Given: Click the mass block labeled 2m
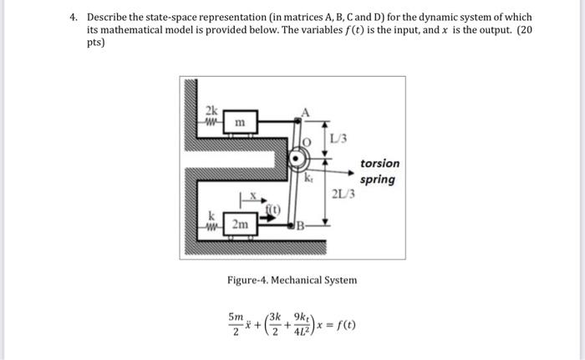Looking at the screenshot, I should click(239, 225).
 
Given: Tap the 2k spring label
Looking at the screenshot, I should click(214, 112).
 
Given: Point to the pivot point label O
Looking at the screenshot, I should click(308, 144).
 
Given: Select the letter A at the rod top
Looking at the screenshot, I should click(306, 112).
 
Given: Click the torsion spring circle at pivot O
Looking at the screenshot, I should click(298, 159).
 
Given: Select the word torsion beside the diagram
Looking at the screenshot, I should click(379, 164).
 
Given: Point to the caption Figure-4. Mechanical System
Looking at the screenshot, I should click(292, 280).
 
